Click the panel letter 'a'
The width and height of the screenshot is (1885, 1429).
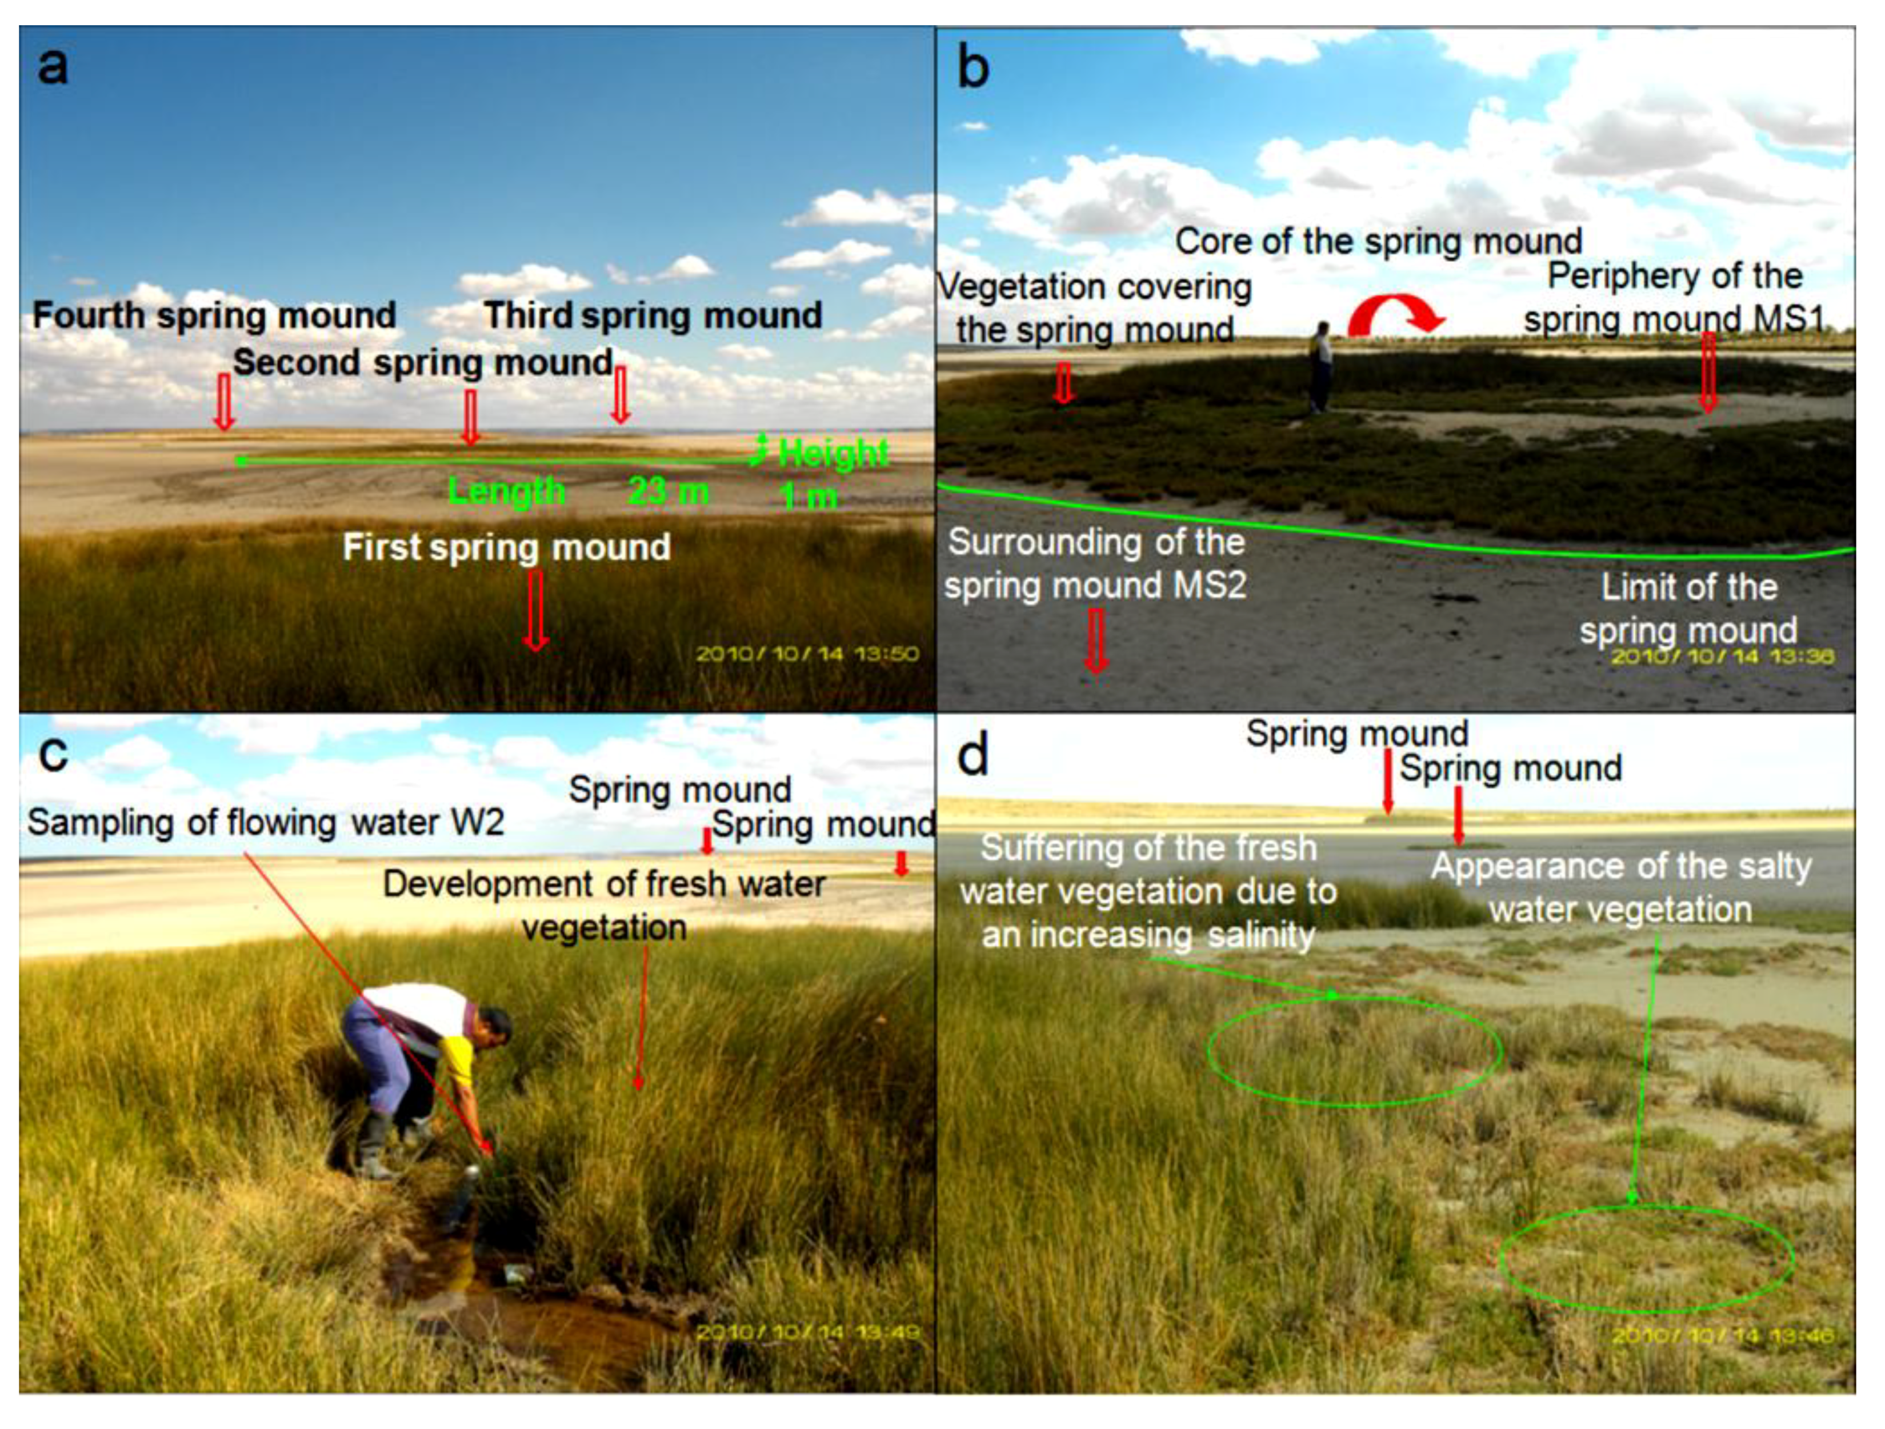tap(53, 66)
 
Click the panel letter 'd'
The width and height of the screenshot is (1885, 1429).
tap(973, 755)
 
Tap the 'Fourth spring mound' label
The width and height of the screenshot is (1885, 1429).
tap(214, 315)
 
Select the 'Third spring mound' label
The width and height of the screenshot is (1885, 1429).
tap(653, 315)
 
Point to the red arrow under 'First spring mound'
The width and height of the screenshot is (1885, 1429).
tap(535, 609)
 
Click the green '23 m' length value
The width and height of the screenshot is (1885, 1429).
tap(668, 492)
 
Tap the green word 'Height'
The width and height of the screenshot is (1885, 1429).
tap(833, 453)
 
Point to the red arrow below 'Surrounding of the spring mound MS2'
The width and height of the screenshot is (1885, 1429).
tap(1096, 640)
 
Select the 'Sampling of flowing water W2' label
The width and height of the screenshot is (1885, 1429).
tap(265, 822)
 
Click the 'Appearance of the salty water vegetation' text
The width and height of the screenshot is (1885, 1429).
tap(1621, 888)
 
